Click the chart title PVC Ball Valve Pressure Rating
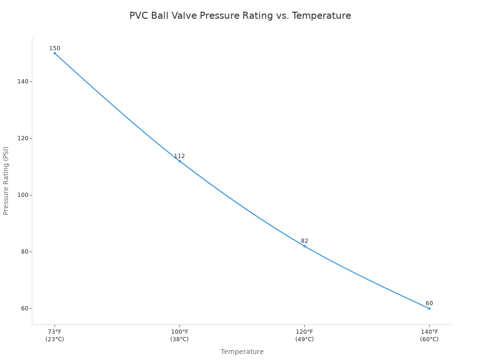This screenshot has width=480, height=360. pyautogui.click(x=240, y=16)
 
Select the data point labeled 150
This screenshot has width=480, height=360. pyautogui.click(x=55, y=53)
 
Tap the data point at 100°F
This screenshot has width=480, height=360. pyautogui.click(x=180, y=161)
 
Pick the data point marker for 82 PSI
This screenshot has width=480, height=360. pyautogui.click(x=304, y=246)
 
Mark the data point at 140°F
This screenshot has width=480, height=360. pyautogui.click(x=429, y=308)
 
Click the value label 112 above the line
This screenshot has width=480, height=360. pyautogui.click(x=180, y=156)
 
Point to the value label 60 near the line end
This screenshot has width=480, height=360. pyautogui.click(x=429, y=303)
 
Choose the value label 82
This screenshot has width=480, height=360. pyautogui.click(x=304, y=241)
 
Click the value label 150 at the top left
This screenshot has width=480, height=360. pyautogui.click(x=55, y=48)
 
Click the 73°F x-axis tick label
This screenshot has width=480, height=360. pyautogui.click(x=55, y=332)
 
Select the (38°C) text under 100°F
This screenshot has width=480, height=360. pyautogui.click(x=180, y=339)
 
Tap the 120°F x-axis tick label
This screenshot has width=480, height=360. pyautogui.click(x=304, y=332)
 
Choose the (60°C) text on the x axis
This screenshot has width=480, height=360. pyautogui.click(x=429, y=339)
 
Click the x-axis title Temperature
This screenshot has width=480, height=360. pyautogui.click(x=242, y=352)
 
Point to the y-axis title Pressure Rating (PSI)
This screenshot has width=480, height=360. pyautogui.click(x=6, y=180)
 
